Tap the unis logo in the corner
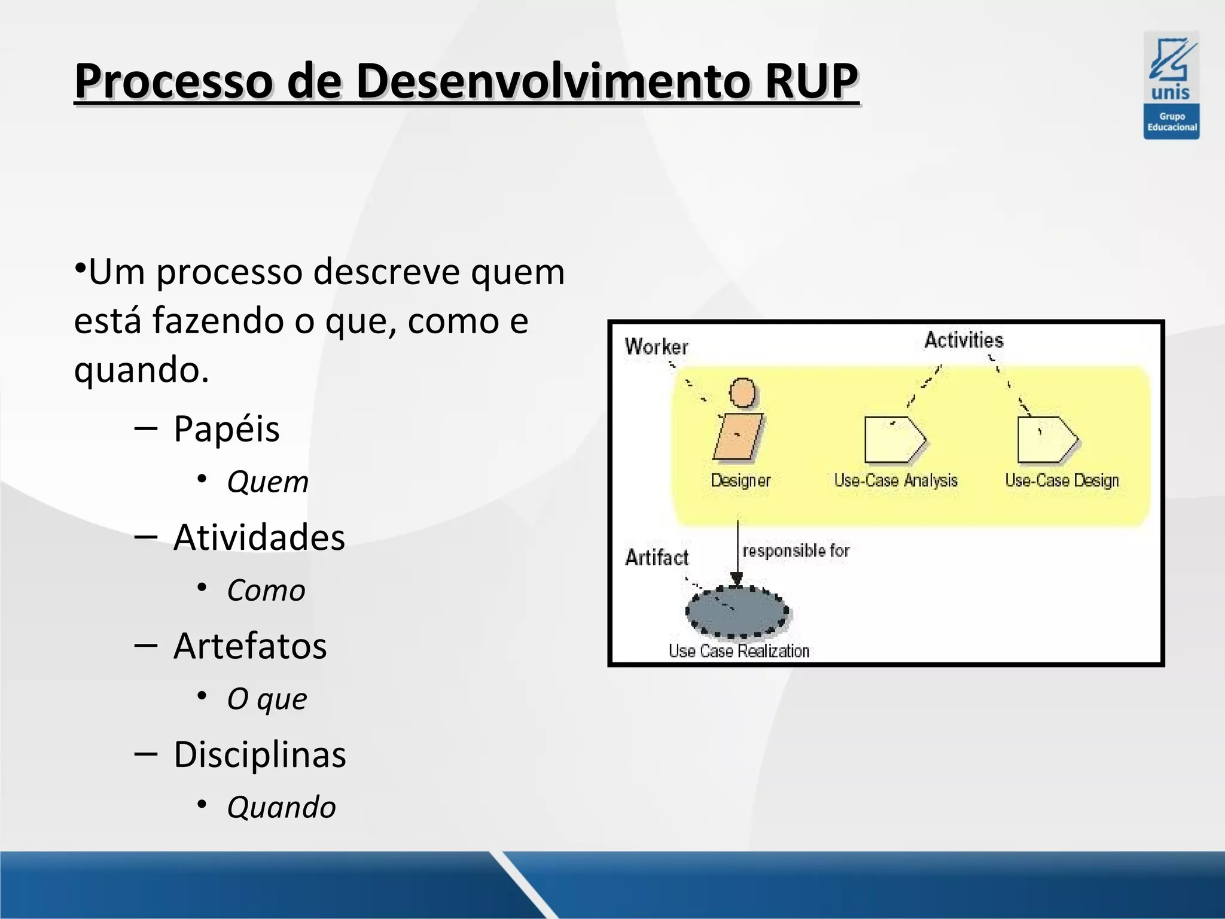pyautogui.click(x=1171, y=85)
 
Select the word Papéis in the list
pyautogui.click(x=226, y=429)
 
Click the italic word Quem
pyautogui.click(x=267, y=482)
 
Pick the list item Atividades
pyautogui.click(x=258, y=537)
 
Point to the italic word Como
pyautogui.click(x=266, y=591)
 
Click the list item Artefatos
pyautogui.click(x=250, y=646)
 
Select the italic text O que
pyautogui.click(x=267, y=699)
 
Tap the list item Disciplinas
pyautogui.click(x=259, y=754)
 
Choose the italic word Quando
pyautogui.click(x=281, y=807)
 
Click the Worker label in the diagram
pyautogui.click(x=656, y=346)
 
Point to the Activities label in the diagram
pyautogui.click(x=964, y=340)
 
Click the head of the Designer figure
pyautogui.click(x=743, y=393)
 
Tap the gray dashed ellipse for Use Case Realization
pyautogui.click(x=737, y=612)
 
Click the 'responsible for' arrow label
pyautogui.click(x=796, y=550)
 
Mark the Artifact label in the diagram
pyautogui.click(x=656, y=558)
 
